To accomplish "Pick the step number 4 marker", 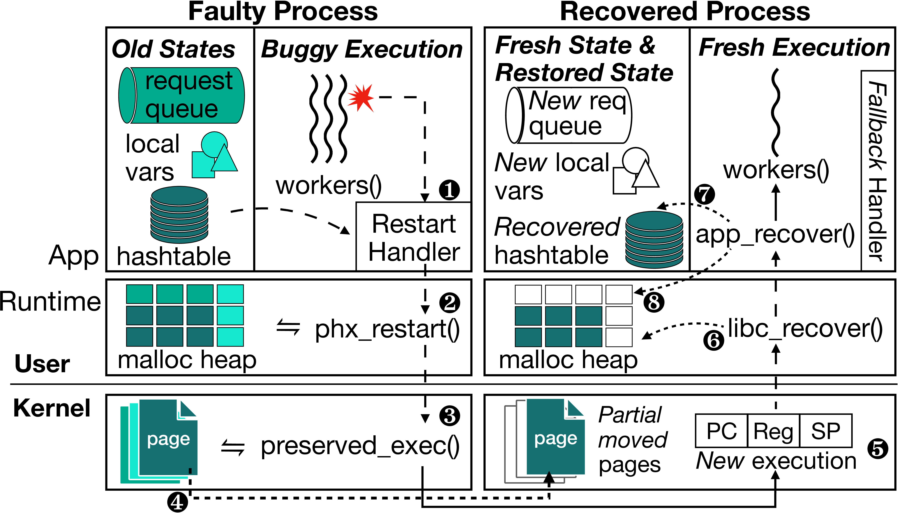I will [x=177, y=502].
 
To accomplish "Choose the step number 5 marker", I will [x=878, y=449].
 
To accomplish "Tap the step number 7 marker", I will [x=704, y=195].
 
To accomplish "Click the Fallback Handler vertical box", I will [x=877, y=171].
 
